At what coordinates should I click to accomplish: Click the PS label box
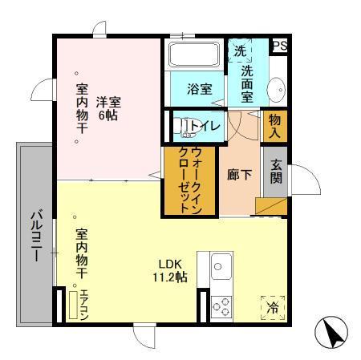tap(279, 47)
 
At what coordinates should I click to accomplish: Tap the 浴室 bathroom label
tap(200, 89)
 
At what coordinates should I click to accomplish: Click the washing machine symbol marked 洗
tap(239, 51)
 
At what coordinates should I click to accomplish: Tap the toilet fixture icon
tap(186, 124)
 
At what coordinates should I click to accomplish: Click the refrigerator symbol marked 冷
tap(273, 307)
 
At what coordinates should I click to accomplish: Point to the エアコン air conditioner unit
tap(80, 304)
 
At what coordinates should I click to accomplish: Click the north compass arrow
tap(335, 330)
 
